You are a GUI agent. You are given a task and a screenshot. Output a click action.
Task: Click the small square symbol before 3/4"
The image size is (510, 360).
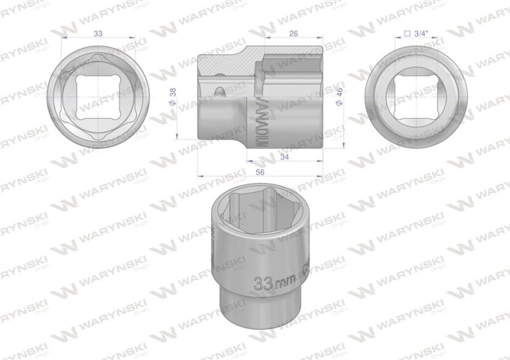408,33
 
